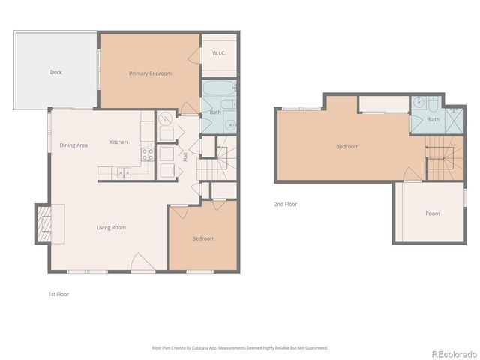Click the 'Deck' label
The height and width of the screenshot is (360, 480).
(x=55, y=73)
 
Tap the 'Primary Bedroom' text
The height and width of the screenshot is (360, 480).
(x=150, y=73)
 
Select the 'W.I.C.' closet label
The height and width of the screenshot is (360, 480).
(x=220, y=53)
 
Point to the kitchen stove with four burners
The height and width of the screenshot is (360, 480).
(x=148, y=155)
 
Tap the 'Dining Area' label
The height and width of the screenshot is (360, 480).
(x=74, y=145)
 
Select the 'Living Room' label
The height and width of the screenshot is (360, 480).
(x=110, y=227)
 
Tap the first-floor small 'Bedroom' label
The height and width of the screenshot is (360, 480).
(x=203, y=238)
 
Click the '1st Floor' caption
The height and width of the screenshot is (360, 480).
(x=58, y=294)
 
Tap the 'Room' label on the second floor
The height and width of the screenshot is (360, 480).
(x=432, y=214)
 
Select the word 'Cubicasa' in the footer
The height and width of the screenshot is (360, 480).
(x=198, y=347)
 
